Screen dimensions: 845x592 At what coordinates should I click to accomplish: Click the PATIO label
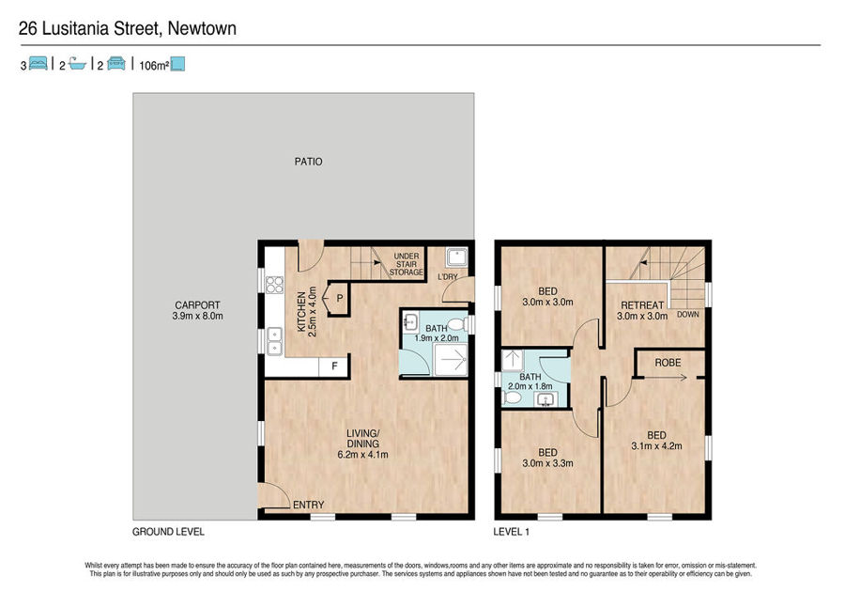point(308,162)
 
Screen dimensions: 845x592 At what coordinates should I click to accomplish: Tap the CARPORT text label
point(197,304)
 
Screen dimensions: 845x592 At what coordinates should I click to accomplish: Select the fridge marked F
point(334,366)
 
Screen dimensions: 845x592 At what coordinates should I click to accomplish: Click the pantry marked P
point(338,298)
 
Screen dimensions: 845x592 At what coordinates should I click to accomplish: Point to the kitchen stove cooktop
point(274,284)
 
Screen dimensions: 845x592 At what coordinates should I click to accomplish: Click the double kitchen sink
point(275,341)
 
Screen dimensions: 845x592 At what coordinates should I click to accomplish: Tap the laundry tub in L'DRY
point(456,257)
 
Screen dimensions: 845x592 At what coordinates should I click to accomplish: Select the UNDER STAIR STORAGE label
point(407,264)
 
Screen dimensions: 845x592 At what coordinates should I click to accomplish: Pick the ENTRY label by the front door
point(308,505)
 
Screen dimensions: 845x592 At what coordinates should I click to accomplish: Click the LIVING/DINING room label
point(362,438)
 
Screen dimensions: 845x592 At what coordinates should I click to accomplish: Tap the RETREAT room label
point(642,305)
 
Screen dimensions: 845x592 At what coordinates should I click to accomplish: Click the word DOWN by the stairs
point(687,315)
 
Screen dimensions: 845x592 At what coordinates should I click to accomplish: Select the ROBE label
point(668,363)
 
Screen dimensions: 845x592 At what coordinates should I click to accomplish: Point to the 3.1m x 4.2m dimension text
point(656,446)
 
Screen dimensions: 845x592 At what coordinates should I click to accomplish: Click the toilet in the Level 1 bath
point(512,397)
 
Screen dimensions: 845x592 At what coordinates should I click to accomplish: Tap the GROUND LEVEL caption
point(168,532)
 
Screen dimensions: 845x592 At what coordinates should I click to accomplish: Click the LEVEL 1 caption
point(512,532)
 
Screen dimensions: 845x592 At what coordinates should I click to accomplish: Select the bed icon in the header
point(38,64)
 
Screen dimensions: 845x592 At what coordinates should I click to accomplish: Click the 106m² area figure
point(154,66)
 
